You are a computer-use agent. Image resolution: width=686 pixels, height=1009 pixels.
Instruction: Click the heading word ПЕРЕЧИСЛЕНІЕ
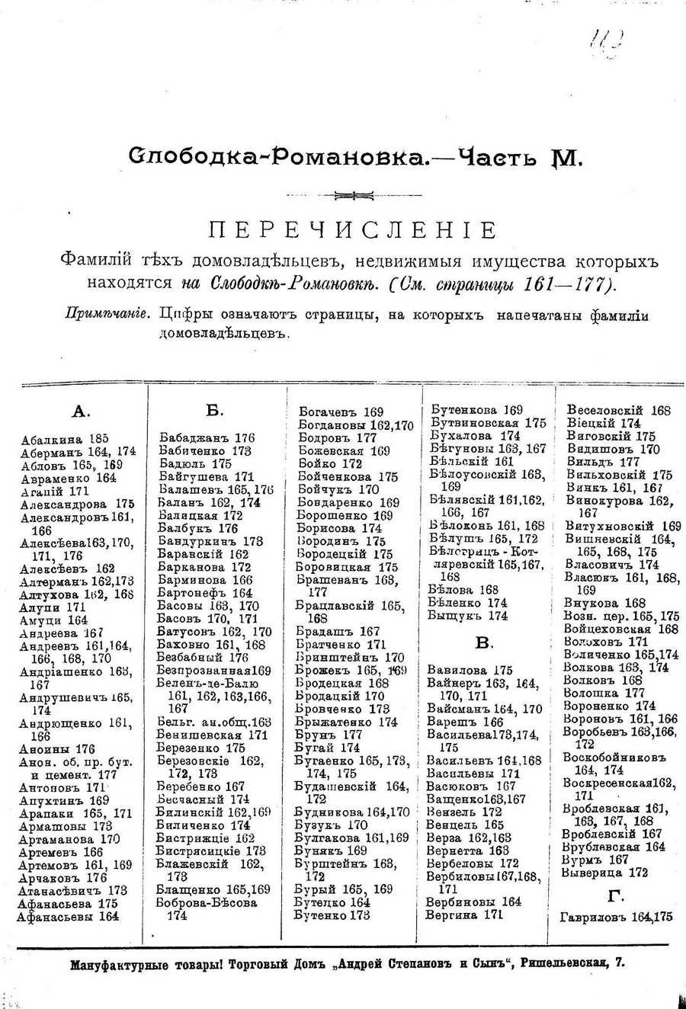click(353, 229)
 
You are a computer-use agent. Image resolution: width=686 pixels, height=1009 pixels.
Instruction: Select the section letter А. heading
click(81, 412)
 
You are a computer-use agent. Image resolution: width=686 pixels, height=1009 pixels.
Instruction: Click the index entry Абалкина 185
click(65, 438)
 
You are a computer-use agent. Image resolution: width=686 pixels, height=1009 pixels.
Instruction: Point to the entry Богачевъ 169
click(340, 412)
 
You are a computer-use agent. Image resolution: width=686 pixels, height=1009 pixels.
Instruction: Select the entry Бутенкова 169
click(476, 410)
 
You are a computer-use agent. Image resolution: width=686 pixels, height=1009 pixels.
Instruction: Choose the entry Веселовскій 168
click(618, 410)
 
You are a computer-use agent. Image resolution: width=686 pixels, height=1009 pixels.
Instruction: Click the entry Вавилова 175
click(470, 671)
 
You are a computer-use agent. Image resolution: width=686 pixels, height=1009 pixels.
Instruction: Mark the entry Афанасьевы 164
click(69, 917)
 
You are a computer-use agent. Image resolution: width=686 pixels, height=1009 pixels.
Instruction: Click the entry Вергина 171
click(463, 915)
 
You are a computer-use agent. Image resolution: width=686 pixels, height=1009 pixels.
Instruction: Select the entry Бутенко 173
click(332, 915)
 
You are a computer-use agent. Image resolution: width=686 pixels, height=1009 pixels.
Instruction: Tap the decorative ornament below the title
click(353, 196)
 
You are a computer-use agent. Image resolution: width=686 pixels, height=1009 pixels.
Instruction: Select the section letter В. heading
click(483, 644)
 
